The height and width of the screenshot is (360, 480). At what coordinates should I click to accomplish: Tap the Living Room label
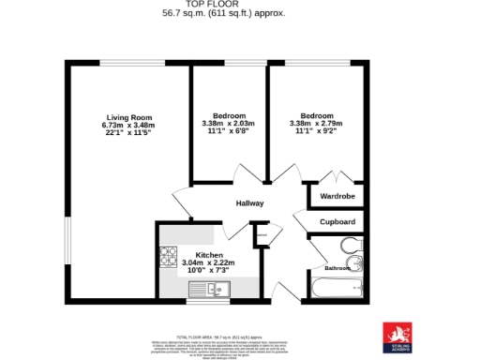[x=128, y=116]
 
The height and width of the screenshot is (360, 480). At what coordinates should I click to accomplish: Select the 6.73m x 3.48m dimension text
[x=128, y=125]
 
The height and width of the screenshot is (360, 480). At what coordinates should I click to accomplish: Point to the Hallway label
[x=249, y=203]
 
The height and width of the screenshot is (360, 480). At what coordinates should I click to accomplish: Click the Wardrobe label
[x=337, y=197]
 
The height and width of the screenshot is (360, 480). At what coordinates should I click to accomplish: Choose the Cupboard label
[x=337, y=222]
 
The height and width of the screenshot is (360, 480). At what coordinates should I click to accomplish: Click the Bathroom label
[x=337, y=268]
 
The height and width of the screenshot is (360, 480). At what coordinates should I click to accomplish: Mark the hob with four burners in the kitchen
[x=170, y=254]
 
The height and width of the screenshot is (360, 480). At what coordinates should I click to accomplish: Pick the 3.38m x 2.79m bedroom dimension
[x=316, y=125]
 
